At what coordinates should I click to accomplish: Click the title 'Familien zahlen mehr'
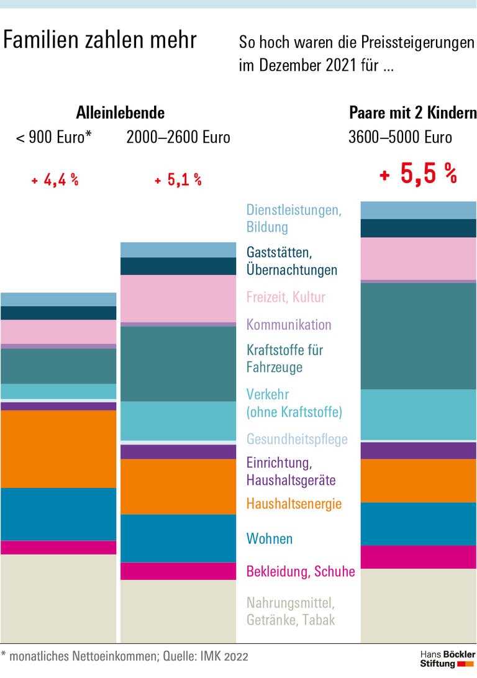tap(100, 40)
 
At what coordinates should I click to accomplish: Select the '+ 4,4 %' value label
tap(55, 181)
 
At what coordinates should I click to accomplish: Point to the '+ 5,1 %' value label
tap(178, 181)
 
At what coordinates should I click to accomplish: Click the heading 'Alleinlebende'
tap(120, 113)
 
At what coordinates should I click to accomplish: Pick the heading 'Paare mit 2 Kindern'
tap(412, 113)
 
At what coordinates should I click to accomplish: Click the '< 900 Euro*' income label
tap(53, 137)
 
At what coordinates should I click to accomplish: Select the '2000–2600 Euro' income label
tap(178, 137)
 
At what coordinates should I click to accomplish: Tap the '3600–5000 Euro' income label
tap(400, 137)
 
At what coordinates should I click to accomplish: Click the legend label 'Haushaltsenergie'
tap(294, 504)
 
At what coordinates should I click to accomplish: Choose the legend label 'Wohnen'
tap(269, 538)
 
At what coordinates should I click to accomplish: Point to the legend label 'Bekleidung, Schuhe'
tap(301, 571)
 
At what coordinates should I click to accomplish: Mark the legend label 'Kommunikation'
tap(289, 325)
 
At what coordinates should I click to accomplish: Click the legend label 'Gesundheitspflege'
tap(297, 440)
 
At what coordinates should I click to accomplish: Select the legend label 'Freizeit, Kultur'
tap(286, 297)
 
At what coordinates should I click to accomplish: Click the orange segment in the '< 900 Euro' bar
tap(58, 449)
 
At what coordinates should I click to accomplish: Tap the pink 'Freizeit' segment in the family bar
tap(418, 258)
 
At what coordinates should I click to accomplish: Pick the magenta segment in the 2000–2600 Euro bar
tap(178, 571)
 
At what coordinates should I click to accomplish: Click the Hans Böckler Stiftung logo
tap(447, 659)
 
